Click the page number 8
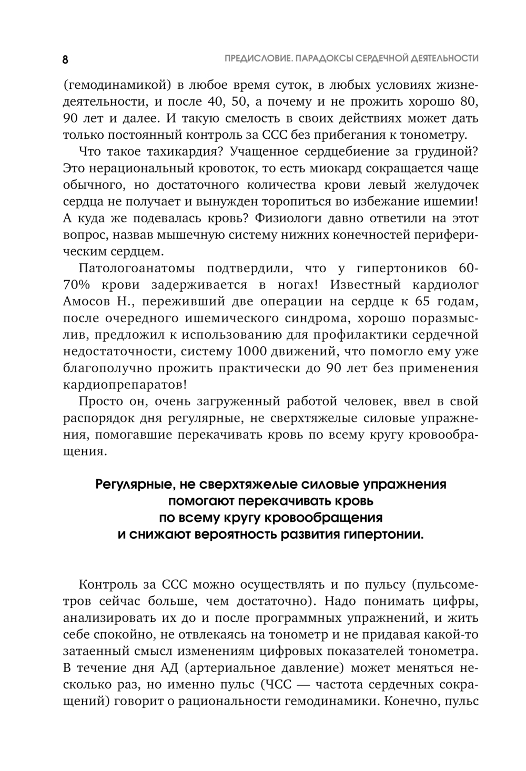coord(65,59)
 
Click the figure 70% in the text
coord(78,284)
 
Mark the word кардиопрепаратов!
coord(125,384)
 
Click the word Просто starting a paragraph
coord(102,402)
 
